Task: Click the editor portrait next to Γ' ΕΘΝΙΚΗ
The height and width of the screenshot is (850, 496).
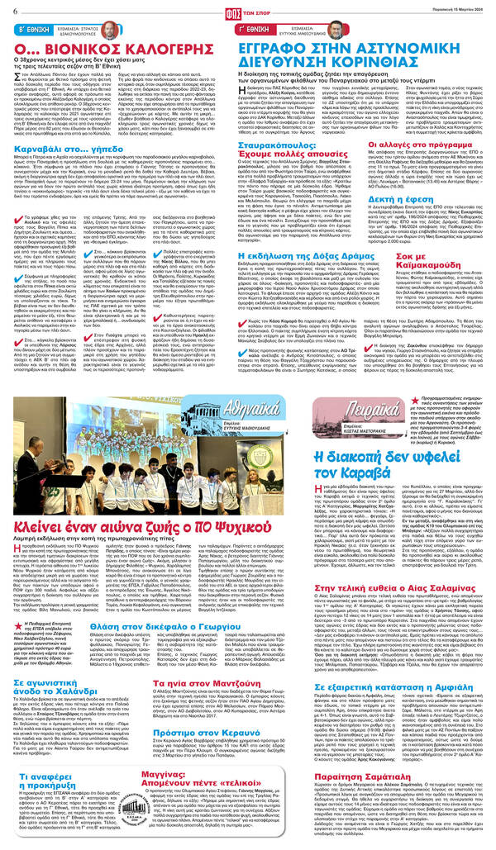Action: [x=334, y=31]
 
